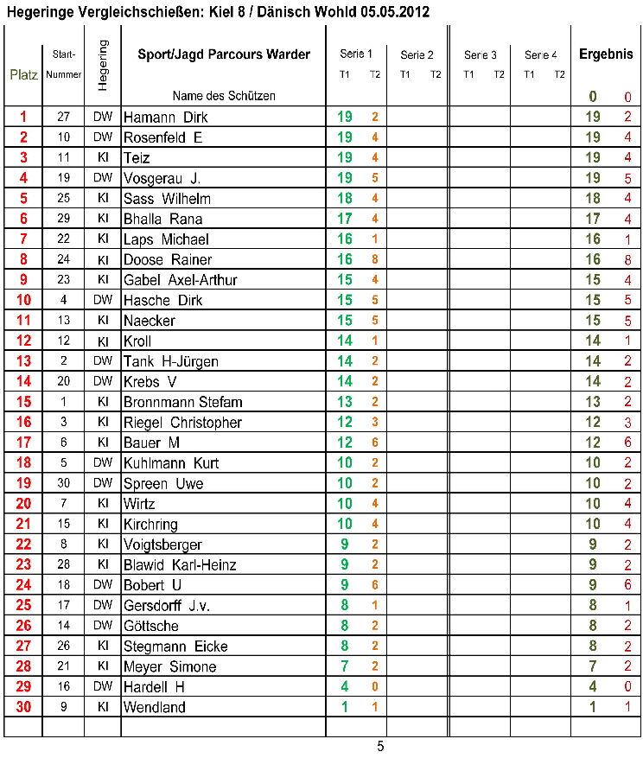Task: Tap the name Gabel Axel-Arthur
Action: point(181,281)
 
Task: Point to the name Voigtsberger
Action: point(163,545)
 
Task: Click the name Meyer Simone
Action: point(169,667)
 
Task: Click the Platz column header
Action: point(23,74)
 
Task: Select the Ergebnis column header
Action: point(606,54)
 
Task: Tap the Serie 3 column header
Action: point(481,55)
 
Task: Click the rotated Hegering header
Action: point(103,65)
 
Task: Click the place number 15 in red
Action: point(23,402)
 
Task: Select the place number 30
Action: point(23,708)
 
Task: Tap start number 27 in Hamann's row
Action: point(63,118)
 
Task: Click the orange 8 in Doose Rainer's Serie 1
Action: point(375,260)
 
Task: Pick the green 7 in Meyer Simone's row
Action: point(345,667)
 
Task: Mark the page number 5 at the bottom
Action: point(380,747)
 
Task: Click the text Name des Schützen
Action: point(224,96)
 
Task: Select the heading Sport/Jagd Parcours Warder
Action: point(224,54)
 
